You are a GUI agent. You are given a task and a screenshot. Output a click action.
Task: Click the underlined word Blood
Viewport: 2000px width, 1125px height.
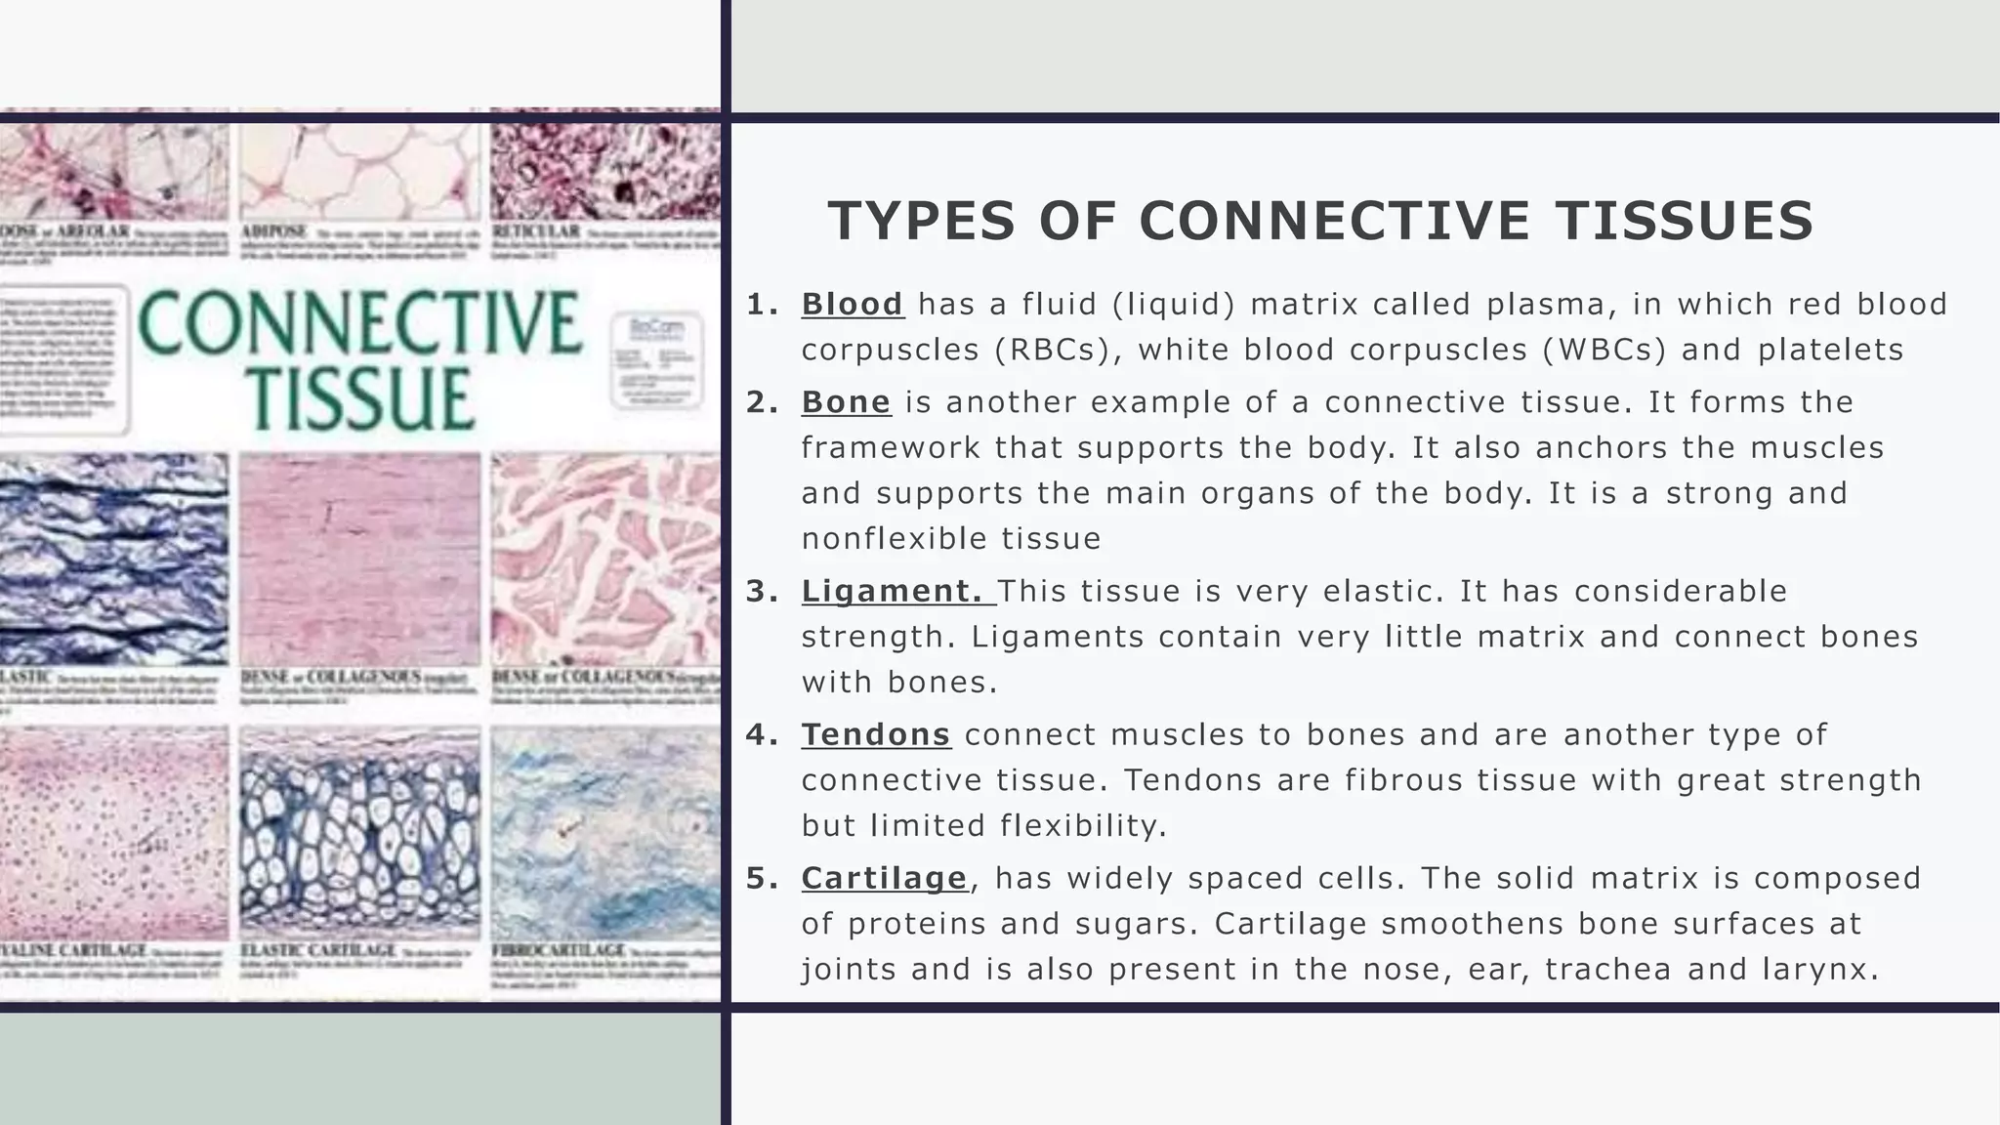[x=852, y=305]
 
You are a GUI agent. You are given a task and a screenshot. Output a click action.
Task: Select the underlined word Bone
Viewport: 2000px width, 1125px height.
[x=846, y=402]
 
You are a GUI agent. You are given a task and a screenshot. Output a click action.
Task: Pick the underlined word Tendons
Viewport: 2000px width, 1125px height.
[x=876, y=734]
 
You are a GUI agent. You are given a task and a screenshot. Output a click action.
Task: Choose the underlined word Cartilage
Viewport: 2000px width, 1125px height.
[x=884, y=878]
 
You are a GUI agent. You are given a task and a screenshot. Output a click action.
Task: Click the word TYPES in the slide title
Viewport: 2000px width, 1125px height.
[x=923, y=221]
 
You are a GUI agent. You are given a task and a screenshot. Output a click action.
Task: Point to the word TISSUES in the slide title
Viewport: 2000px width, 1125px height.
[x=1685, y=221]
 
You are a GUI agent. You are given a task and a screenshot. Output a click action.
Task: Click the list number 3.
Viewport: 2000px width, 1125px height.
[x=760, y=592]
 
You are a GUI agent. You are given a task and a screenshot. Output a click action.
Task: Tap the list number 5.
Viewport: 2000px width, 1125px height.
[x=760, y=879]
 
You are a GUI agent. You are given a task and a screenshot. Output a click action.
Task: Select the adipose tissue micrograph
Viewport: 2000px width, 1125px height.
[x=359, y=172]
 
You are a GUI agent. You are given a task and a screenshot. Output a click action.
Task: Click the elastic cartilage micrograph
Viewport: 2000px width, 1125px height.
[x=359, y=832]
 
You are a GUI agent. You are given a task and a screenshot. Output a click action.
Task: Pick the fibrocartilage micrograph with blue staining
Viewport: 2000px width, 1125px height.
[x=605, y=832]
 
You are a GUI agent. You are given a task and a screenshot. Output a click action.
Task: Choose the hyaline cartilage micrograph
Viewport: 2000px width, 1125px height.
[x=113, y=832]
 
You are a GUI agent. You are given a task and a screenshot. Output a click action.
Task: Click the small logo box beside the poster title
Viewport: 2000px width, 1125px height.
[x=655, y=359]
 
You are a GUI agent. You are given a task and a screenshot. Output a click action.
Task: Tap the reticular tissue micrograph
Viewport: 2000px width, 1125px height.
[x=605, y=172]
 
